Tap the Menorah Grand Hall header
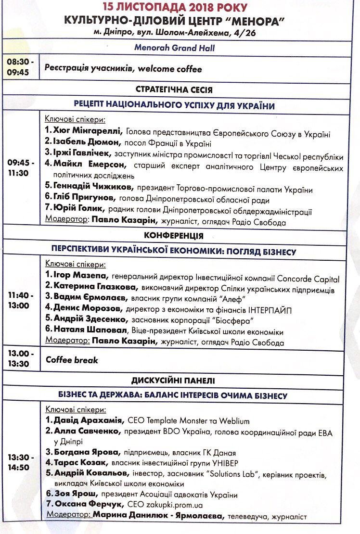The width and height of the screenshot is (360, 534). [174, 48]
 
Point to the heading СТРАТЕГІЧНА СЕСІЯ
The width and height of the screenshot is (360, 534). [174, 90]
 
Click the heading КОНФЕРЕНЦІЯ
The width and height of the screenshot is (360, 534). [173, 236]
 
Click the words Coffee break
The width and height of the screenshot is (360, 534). [72, 360]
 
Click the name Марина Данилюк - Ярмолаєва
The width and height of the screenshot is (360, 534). [158, 516]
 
